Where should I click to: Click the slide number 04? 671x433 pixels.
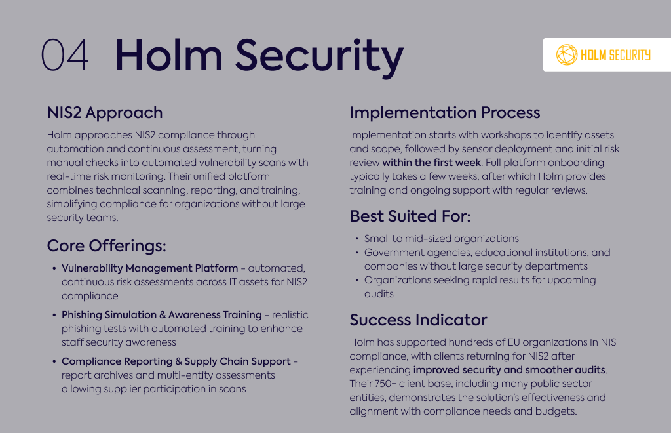click(65, 55)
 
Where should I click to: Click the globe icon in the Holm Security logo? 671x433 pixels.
click(567, 55)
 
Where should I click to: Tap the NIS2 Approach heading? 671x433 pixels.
click(105, 113)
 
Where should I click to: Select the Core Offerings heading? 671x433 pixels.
click(107, 246)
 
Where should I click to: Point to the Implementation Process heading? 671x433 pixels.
click(445, 113)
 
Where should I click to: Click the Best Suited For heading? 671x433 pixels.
click(410, 216)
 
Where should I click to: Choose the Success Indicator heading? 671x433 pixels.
click(418, 320)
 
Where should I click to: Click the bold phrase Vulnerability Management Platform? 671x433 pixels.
click(150, 268)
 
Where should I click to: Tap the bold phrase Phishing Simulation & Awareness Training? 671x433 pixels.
click(162, 315)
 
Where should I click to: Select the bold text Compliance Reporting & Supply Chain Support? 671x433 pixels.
click(176, 361)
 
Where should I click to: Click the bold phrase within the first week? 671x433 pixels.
click(431, 163)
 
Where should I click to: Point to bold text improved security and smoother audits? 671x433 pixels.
click(509, 370)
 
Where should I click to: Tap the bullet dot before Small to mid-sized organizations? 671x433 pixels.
click(357, 239)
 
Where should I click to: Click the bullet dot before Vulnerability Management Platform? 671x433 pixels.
click(54, 268)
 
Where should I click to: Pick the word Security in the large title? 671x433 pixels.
click(319, 56)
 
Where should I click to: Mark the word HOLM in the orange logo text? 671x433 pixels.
click(593, 55)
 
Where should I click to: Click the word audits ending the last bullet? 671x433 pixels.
click(379, 294)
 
